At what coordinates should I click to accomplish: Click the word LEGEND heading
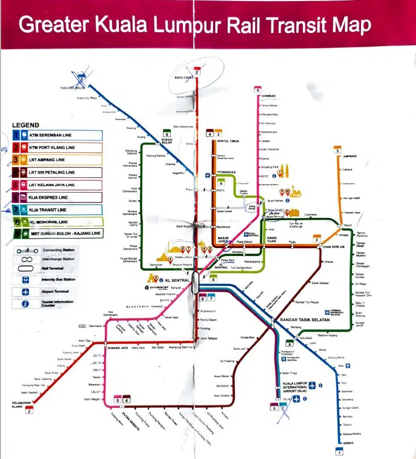[x=26, y=125]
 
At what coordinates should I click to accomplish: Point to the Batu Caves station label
[x=184, y=78]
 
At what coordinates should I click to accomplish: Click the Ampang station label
[x=349, y=156]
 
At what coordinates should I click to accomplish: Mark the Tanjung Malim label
[x=73, y=88]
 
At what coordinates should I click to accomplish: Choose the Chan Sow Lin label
[x=333, y=247]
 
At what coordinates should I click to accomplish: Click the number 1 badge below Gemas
[x=339, y=452]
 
